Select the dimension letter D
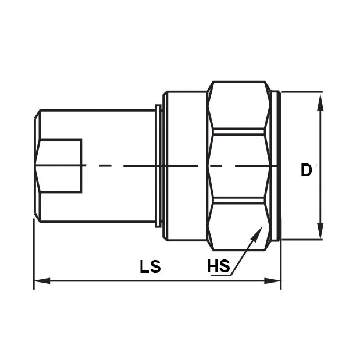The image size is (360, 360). (x=306, y=170)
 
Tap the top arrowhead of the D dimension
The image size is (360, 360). (x=319, y=99)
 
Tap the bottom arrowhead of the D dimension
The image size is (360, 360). (x=319, y=233)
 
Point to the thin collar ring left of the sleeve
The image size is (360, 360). (x=158, y=166)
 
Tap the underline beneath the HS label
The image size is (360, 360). (x=221, y=276)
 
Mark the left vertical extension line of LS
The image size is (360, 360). (x=34, y=256)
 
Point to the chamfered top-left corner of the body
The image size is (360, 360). (x=37, y=116)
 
